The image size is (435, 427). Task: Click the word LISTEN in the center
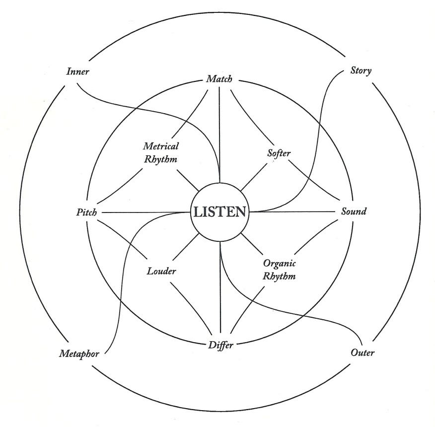tap(219, 212)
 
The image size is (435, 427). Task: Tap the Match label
tap(219, 79)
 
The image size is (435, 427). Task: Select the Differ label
tap(219, 345)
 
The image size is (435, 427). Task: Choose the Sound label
tap(354, 212)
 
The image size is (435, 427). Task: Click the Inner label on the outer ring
tap(77, 71)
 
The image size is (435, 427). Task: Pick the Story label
tap(361, 71)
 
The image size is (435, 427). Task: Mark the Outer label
tap(362, 354)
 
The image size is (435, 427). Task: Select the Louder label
tap(162, 272)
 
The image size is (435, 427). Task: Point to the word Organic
tap(280, 264)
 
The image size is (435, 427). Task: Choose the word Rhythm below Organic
tap(280, 276)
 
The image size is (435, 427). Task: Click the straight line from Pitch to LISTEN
tap(144, 213)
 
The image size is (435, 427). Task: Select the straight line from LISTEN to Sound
tap(293, 212)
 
